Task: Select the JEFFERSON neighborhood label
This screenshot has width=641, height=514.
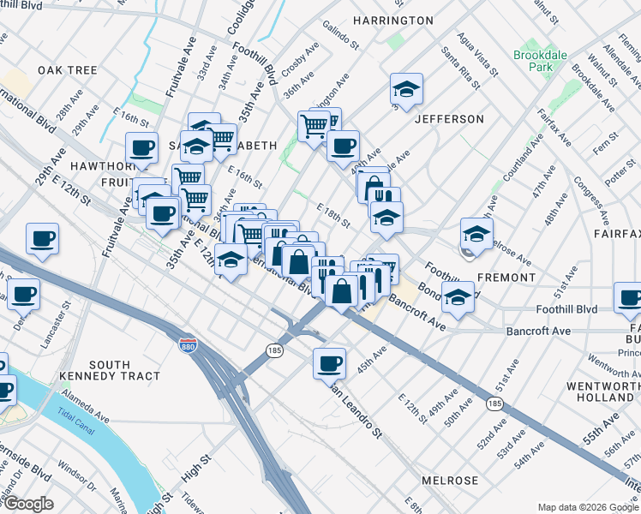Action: coord(449,119)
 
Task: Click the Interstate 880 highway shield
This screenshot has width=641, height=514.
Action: coord(188,345)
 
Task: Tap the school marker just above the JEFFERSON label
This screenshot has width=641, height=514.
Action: coord(406,89)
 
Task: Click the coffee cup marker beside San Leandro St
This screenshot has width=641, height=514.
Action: coord(329,363)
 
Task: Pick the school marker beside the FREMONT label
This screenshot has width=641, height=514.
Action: coord(476,233)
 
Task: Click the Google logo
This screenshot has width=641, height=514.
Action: coord(28,504)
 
